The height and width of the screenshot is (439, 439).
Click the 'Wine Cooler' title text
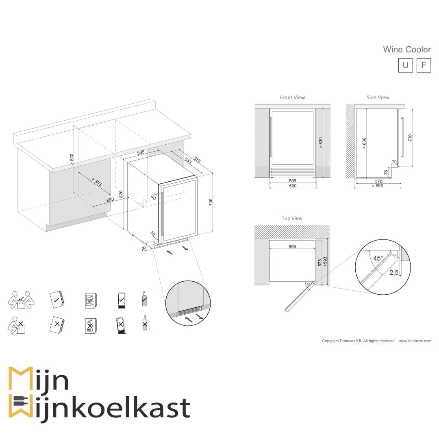pos(406,50)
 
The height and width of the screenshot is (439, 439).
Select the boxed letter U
pos(405,65)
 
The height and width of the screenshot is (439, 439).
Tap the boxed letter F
pos(424,65)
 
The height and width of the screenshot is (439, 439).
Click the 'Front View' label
pos(292,98)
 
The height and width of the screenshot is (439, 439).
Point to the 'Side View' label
pos(378,98)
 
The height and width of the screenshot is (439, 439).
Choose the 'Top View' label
pos(292,219)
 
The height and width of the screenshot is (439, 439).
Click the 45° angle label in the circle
pos(378,258)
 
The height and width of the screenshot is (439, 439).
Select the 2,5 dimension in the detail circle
pos(393,272)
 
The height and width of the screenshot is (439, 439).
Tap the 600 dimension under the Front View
pos(293,186)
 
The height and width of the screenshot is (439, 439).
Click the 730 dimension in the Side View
pos(410,137)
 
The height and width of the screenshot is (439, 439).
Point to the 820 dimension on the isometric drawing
pos(121,194)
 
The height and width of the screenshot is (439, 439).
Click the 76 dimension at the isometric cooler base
pos(144,248)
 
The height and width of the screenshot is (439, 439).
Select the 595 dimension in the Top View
pos(292,247)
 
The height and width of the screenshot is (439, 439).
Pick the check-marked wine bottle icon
pos(144,299)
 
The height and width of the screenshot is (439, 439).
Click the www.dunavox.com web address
pos(415,341)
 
